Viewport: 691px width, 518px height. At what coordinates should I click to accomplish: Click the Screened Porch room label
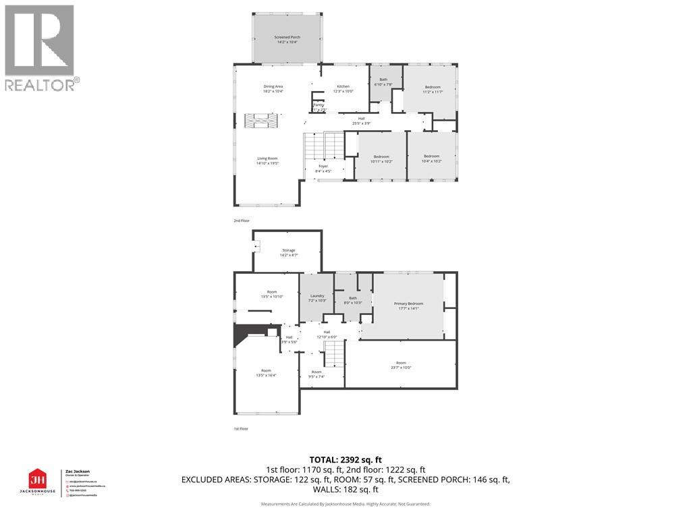coord(287,39)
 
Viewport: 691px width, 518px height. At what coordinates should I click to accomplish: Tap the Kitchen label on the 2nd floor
coord(343,88)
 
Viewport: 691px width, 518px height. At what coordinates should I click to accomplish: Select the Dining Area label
coord(273,88)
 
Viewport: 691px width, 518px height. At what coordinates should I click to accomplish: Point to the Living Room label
coord(267,161)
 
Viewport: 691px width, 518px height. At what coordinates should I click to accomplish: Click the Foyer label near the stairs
coord(323,168)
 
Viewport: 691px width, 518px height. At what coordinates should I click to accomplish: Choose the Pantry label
coord(319,107)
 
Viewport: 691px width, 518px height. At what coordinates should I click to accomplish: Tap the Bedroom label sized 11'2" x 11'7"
coord(432,89)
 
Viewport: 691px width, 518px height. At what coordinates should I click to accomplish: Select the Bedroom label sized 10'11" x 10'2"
coord(381,159)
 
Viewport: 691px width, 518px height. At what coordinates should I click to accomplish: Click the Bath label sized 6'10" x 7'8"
coord(383,82)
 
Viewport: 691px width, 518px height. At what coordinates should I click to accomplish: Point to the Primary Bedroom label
coord(407,306)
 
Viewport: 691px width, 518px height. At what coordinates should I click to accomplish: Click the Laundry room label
coord(317,297)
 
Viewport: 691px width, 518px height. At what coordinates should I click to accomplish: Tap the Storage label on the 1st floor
coord(288,252)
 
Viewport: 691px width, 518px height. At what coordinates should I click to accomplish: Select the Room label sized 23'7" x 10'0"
coord(401,364)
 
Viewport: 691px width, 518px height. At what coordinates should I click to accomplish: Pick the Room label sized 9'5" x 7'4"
coord(316,374)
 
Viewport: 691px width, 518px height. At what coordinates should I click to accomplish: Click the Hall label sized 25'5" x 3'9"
coord(361,121)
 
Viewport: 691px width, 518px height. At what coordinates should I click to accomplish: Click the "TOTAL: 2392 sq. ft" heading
coord(345,459)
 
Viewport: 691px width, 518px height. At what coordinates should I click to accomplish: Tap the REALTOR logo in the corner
coord(40,47)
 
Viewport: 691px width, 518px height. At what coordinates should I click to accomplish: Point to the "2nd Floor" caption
coord(242,221)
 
